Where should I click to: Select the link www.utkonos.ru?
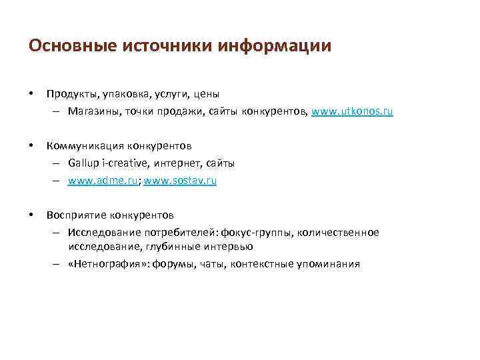353,111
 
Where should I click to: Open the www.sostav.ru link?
180,180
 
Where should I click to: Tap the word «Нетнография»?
108,264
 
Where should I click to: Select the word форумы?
173,264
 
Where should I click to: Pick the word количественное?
337,232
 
